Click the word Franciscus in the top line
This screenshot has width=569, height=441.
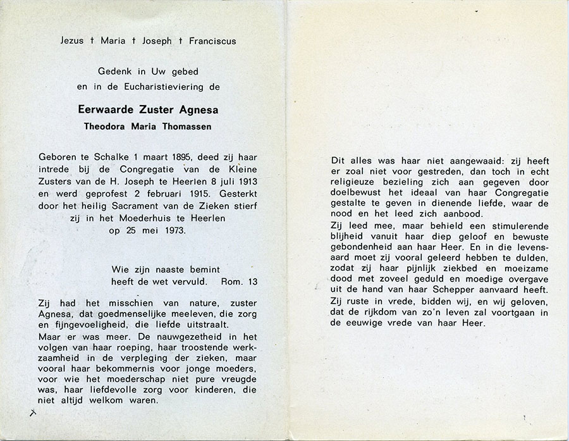[x=214, y=41]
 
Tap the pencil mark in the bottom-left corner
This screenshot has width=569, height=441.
[x=33, y=413]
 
